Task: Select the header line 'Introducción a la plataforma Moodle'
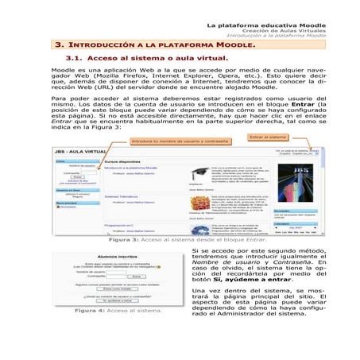[x=276, y=35]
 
